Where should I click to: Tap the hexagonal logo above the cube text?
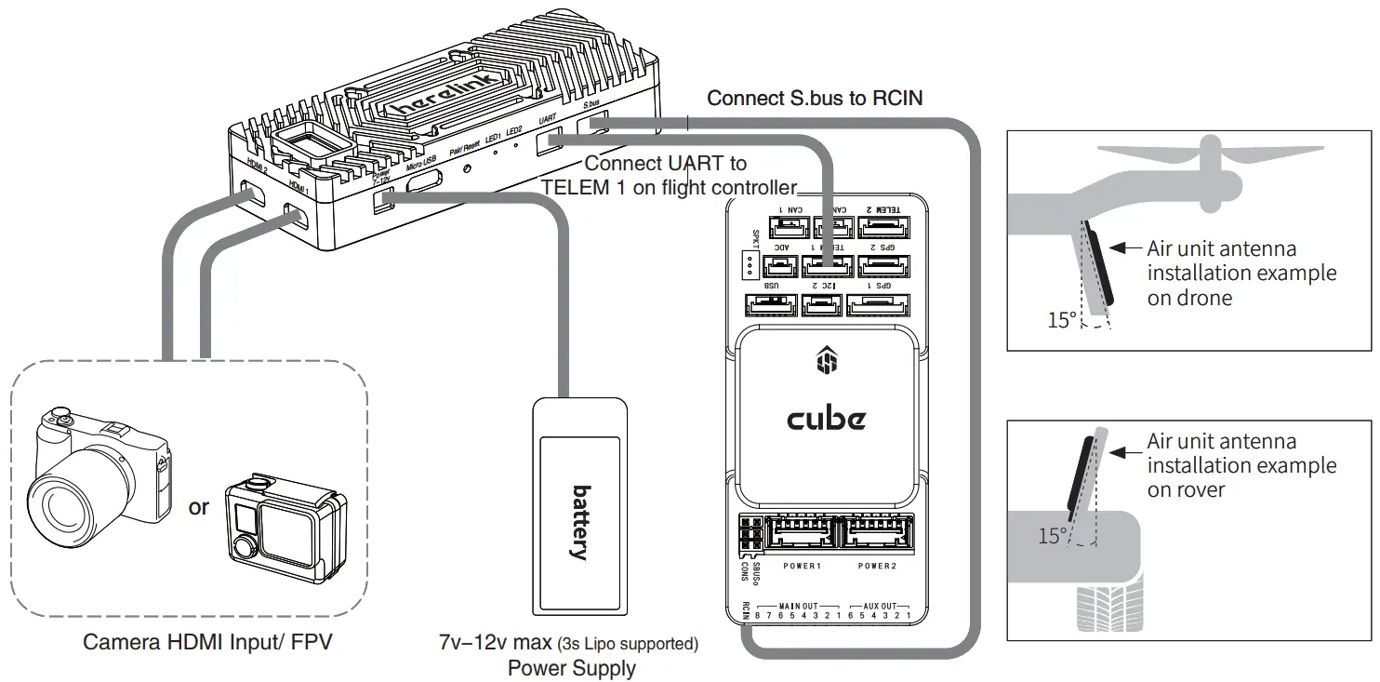826,360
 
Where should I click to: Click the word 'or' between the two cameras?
199,507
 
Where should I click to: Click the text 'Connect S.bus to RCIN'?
815,98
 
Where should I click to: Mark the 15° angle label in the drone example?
1061,320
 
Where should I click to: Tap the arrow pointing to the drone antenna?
1126,248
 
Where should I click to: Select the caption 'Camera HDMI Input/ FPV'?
206,642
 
